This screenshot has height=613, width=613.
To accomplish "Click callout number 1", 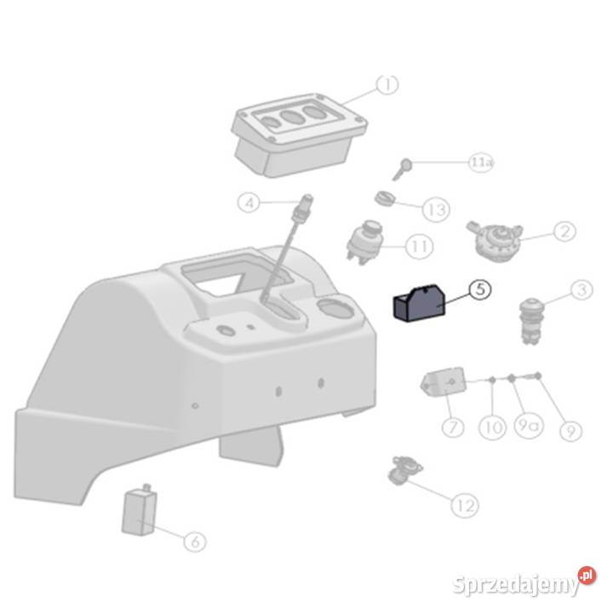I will point(387,85).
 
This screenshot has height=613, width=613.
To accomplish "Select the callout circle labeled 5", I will point(479,289).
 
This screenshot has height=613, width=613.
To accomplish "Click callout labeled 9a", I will point(528,425).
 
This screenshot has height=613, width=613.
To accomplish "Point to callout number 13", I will point(436,209).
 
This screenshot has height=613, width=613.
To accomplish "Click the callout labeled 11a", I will point(481,162).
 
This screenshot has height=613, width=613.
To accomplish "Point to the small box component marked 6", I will point(139,510).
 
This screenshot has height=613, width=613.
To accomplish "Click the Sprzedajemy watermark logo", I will point(524,583).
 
